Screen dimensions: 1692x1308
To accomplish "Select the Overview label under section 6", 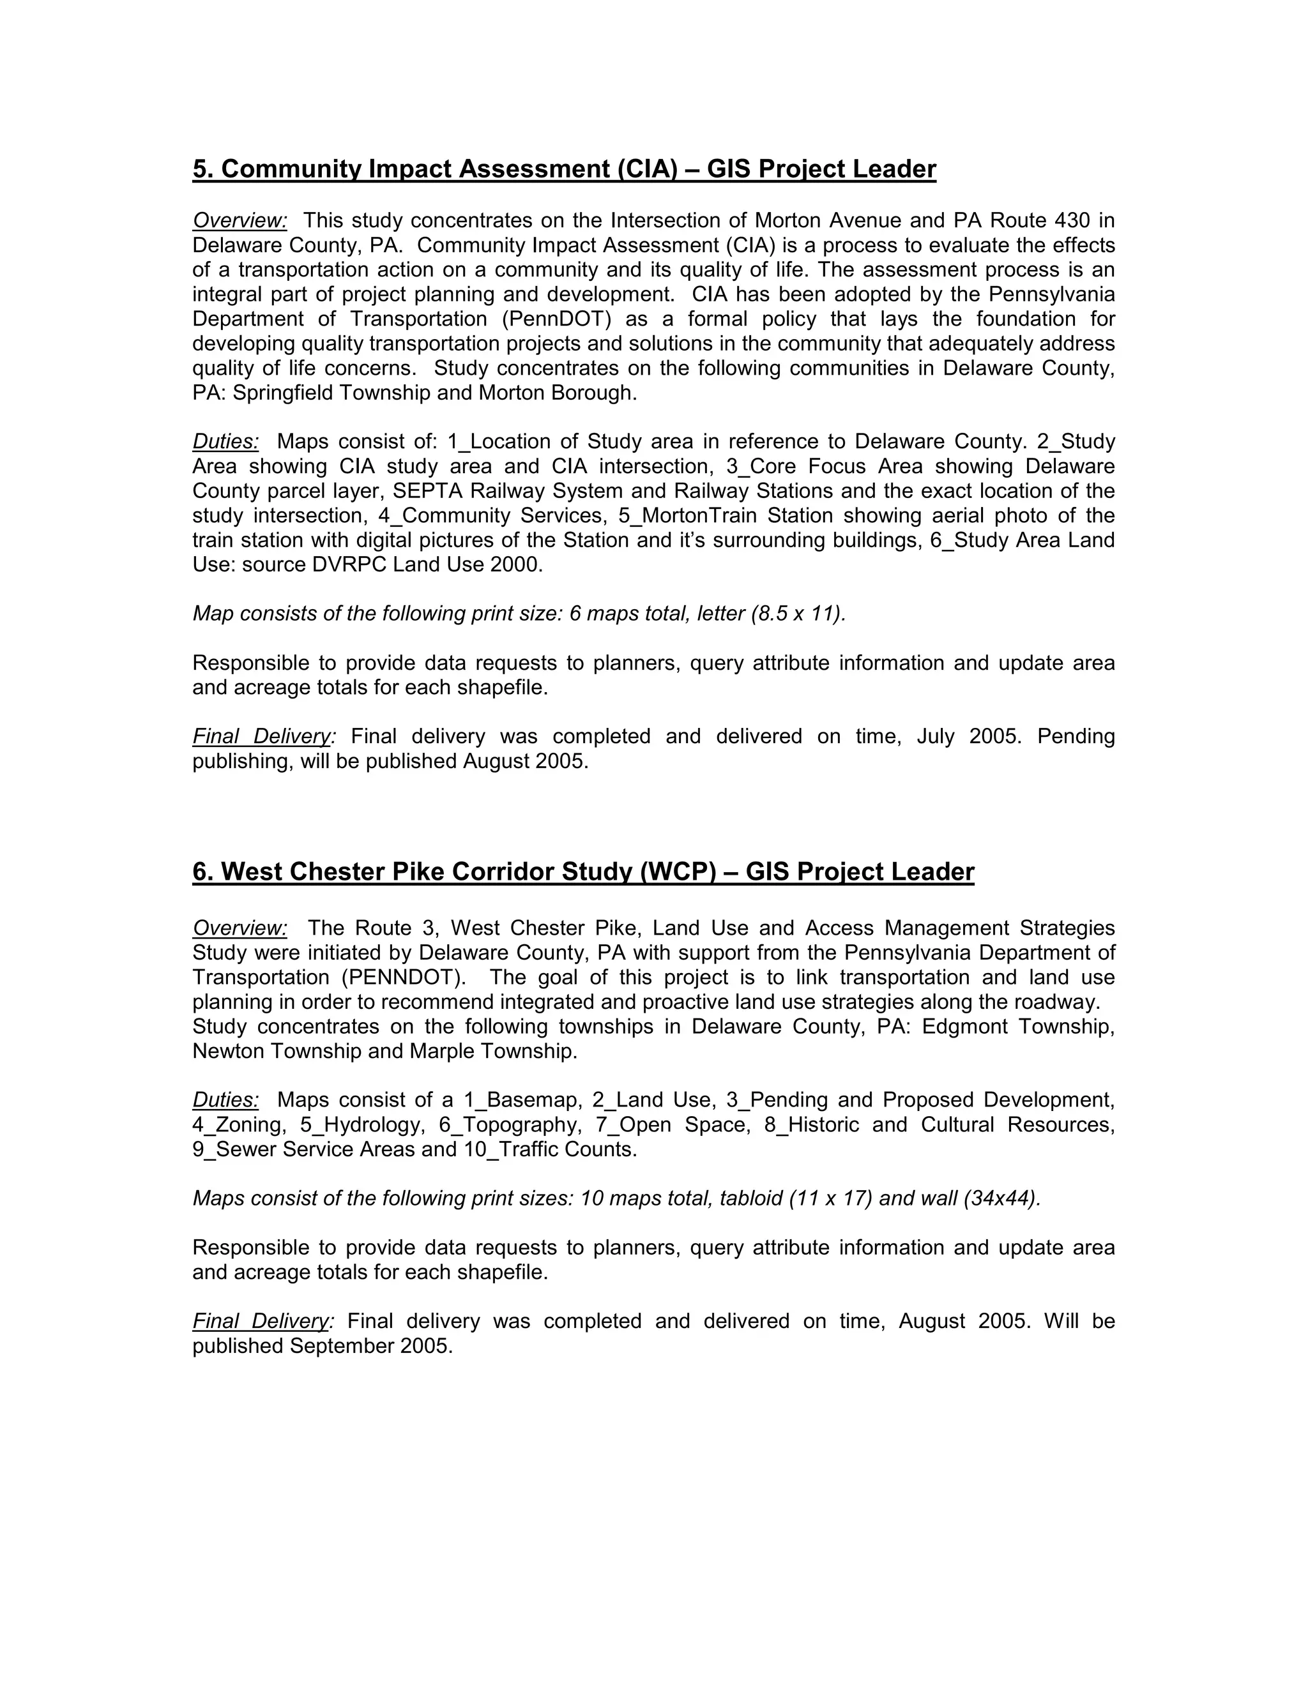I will (240, 928).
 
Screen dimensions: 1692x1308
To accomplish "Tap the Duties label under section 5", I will (225, 442).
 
